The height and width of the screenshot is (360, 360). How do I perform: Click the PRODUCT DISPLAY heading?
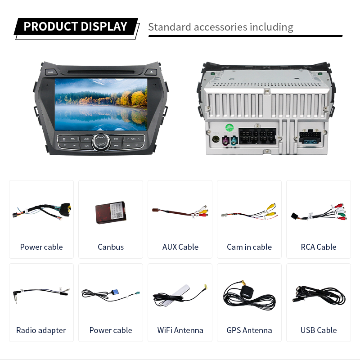pos(75,27)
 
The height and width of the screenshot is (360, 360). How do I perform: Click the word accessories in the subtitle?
pos(220,27)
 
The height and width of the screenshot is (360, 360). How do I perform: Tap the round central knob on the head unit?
pos(100,142)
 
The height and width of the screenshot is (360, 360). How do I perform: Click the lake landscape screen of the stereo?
pos(101,104)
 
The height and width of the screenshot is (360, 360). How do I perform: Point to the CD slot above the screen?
pos(101,71)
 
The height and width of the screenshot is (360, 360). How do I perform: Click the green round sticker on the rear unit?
pos(229,128)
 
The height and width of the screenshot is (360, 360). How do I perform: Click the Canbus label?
pos(111,247)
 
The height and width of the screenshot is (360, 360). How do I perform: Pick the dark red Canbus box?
pos(111,211)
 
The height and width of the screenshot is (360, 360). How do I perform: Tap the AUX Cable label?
pos(180,247)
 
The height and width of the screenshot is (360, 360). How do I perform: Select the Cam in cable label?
pos(249,247)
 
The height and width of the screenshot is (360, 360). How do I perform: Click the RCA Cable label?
pos(319,247)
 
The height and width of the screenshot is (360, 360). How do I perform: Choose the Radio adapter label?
pos(41,330)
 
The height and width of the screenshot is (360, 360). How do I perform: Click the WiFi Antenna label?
pos(180,330)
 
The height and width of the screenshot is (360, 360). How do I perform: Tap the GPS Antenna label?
pos(249,330)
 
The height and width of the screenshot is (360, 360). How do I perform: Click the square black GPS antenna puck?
pos(246,290)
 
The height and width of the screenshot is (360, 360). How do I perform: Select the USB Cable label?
pos(319,330)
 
